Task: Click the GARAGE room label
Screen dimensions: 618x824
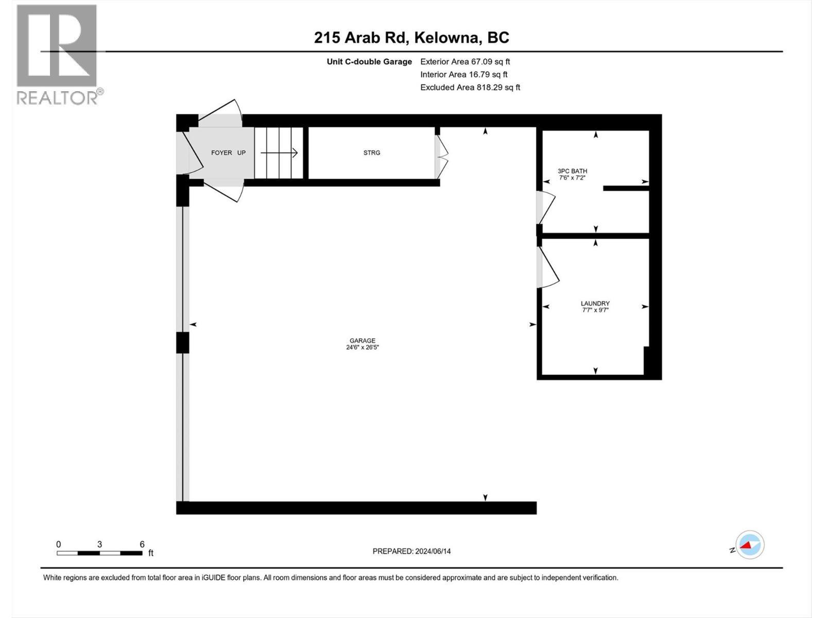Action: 362,340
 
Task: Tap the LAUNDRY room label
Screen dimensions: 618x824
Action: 595,304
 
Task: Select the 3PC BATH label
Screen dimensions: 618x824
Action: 572,171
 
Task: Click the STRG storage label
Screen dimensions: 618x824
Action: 371,153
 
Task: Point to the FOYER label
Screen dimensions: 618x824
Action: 221,153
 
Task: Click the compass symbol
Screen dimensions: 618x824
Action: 749,544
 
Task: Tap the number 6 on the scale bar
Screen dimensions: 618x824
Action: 142,544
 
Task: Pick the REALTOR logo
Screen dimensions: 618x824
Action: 58,54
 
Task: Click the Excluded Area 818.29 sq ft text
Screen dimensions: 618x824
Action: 470,88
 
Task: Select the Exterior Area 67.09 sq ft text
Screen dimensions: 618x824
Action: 465,62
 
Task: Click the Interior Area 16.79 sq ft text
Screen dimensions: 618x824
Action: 463,75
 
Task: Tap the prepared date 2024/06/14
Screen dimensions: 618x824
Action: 432,551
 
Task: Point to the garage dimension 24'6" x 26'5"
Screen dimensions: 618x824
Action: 362,348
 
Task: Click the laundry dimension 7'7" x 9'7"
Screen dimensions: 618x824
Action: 595,311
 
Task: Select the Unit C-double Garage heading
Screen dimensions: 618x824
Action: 369,62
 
